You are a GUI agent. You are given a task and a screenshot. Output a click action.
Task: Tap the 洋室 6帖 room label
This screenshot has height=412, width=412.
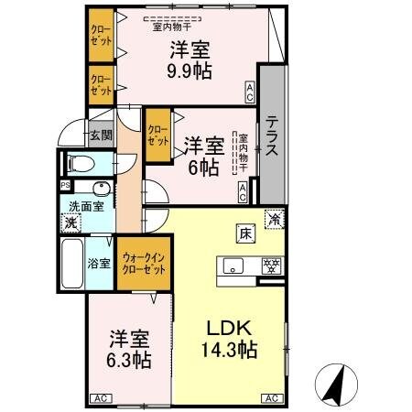203,156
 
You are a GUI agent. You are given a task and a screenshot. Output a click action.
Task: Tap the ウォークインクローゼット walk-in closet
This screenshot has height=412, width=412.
143,265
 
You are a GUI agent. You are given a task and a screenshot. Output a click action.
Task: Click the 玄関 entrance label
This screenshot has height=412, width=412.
100,136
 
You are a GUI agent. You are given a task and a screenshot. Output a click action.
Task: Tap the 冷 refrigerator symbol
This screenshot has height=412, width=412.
274,218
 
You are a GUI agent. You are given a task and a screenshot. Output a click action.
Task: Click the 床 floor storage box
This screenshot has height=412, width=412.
246,233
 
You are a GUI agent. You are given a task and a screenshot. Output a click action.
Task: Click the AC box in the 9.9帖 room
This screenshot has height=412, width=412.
249,89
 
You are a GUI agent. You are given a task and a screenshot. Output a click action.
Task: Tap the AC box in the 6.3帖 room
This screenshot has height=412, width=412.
100,398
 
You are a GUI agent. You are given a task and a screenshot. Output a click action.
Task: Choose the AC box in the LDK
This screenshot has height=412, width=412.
272,398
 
